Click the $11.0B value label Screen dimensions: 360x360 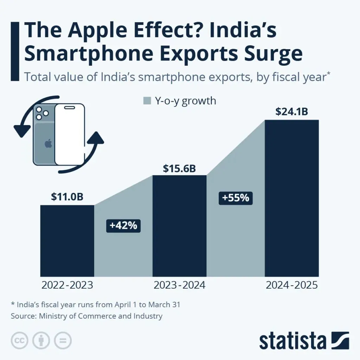pyautogui.click(x=67, y=197)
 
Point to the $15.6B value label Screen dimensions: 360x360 pyautogui.click(x=179, y=168)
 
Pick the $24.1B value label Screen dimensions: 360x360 pyautogui.click(x=292, y=112)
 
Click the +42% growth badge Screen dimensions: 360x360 pyautogui.click(x=123, y=226)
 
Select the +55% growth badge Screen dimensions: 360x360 pyautogui.click(x=236, y=198)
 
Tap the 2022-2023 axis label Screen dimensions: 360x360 pyautogui.click(x=67, y=285)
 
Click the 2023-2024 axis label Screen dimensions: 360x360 pyautogui.click(x=179, y=285)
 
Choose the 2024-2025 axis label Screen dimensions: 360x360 pyautogui.click(x=292, y=285)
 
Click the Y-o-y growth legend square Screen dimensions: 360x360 pyautogui.click(x=147, y=101)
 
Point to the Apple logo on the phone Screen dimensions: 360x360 pyautogui.click(x=48, y=143)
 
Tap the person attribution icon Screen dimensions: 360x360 pyautogui.click(x=41, y=340)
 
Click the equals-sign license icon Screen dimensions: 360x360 pyautogui.click(x=63, y=340)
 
